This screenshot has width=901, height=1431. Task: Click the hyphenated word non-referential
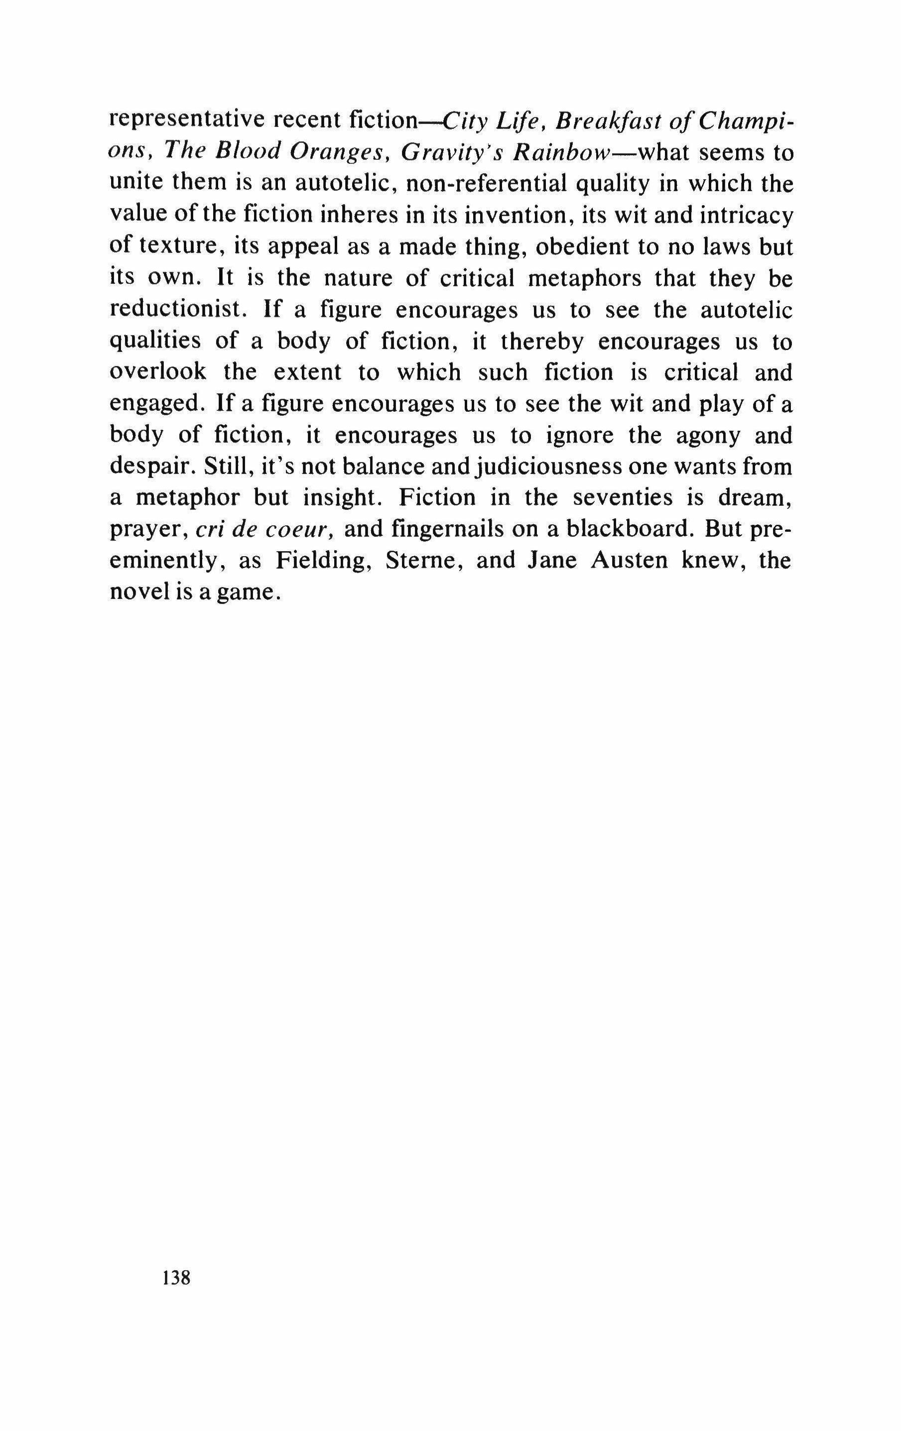coord(486,184)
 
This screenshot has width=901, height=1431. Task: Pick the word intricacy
coord(747,215)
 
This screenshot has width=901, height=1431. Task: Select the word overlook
coord(158,372)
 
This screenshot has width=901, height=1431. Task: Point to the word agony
coord(708,436)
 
